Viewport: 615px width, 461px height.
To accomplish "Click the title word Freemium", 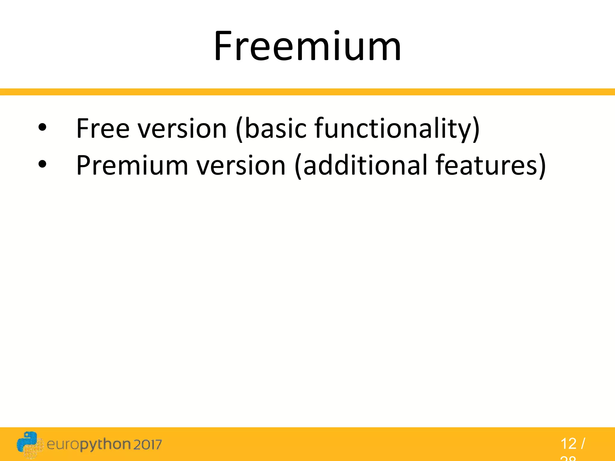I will [x=307, y=47].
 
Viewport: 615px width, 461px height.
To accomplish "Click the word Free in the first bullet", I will [x=103, y=128].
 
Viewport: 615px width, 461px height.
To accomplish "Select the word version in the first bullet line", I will [x=182, y=128].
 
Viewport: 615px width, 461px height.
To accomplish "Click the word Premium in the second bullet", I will [x=132, y=165].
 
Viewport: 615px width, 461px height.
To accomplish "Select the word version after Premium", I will [x=241, y=165].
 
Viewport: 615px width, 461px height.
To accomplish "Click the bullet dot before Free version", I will [x=42, y=128].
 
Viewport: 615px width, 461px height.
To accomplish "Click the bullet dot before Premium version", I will [x=42, y=164].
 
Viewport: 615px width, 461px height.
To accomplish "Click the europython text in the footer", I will [x=89, y=444].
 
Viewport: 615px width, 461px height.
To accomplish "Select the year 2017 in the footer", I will [x=147, y=444].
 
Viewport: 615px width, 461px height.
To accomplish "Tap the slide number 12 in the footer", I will [x=568, y=444].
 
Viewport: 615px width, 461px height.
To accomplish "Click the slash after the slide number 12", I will [x=583, y=444].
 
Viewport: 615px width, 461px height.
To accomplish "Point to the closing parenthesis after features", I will [x=542, y=166].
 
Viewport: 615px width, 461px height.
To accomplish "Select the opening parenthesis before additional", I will [x=298, y=166].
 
